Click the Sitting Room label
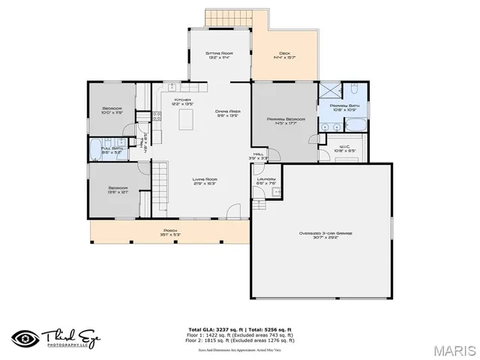218,55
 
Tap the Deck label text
284,55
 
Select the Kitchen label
183,102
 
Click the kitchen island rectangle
192,118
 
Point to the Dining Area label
228,113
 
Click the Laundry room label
266,181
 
